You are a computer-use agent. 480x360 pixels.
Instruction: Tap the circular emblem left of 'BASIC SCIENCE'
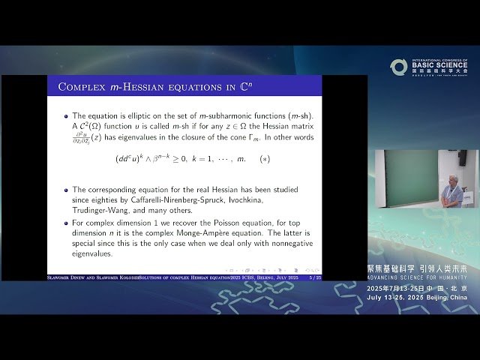pos(398,67)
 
